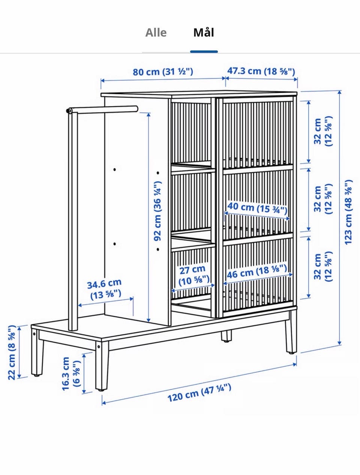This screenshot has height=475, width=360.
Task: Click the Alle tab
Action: tap(156, 33)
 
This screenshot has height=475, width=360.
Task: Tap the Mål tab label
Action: tap(204, 33)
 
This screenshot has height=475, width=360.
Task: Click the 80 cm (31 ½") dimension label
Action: tap(163, 72)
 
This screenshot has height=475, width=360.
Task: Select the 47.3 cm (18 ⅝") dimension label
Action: tap(261, 71)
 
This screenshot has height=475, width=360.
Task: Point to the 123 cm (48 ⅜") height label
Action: tap(348, 212)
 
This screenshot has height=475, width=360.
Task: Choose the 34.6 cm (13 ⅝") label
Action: tap(105, 289)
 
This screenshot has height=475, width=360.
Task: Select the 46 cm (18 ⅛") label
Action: tap(257, 272)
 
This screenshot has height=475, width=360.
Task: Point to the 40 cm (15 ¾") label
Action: tap(257, 207)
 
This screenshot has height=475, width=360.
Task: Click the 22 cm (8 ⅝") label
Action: tap(12, 352)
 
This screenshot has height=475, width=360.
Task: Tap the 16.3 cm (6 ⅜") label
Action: tap(71, 373)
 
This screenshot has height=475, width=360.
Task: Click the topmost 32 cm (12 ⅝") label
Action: tap(323, 131)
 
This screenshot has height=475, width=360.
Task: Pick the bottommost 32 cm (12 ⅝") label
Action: tap(323, 267)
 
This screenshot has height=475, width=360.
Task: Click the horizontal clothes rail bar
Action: tap(102, 109)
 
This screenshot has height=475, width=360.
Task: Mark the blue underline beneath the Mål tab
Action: tap(204, 52)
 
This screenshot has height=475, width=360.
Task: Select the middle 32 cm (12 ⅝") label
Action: tap(323, 199)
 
